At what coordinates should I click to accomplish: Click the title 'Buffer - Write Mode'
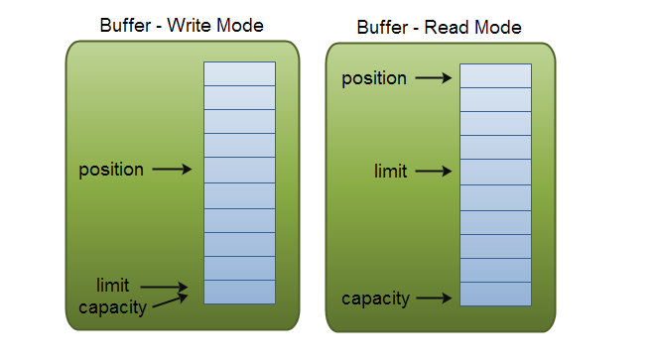[x=182, y=26]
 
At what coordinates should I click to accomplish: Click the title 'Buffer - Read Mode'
[x=439, y=28]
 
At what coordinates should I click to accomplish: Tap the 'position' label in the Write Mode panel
[x=111, y=170]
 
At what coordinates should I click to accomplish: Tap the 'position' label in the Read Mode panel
[x=374, y=78]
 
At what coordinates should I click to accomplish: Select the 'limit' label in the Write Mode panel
[x=112, y=286]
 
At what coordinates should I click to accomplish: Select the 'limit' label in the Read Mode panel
[x=390, y=172]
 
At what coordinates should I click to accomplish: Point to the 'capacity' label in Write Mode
[x=112, y=307]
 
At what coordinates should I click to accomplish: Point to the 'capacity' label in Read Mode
[x=375, y=299]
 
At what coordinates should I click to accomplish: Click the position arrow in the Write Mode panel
[x=172, y=170]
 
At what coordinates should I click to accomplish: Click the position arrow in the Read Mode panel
[x=434, y=78]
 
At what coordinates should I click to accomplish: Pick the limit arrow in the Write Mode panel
[x=164, y=287]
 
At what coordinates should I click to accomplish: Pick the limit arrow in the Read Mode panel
[x=434, y=171]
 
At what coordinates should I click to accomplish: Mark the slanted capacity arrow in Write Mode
[x=170, y=300]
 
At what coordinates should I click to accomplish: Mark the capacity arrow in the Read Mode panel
[x=435, y=298]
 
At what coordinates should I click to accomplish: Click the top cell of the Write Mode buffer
[x=239, y=73]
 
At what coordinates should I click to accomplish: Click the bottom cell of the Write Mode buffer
[x=239, y=293]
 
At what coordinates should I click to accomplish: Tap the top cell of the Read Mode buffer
[x=495, y=75]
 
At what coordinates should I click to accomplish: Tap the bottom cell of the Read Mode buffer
[x=495, y=295]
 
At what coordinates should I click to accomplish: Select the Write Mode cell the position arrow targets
[x=239, y=170]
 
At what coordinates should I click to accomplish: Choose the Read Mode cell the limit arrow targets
[x=495, y=173]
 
